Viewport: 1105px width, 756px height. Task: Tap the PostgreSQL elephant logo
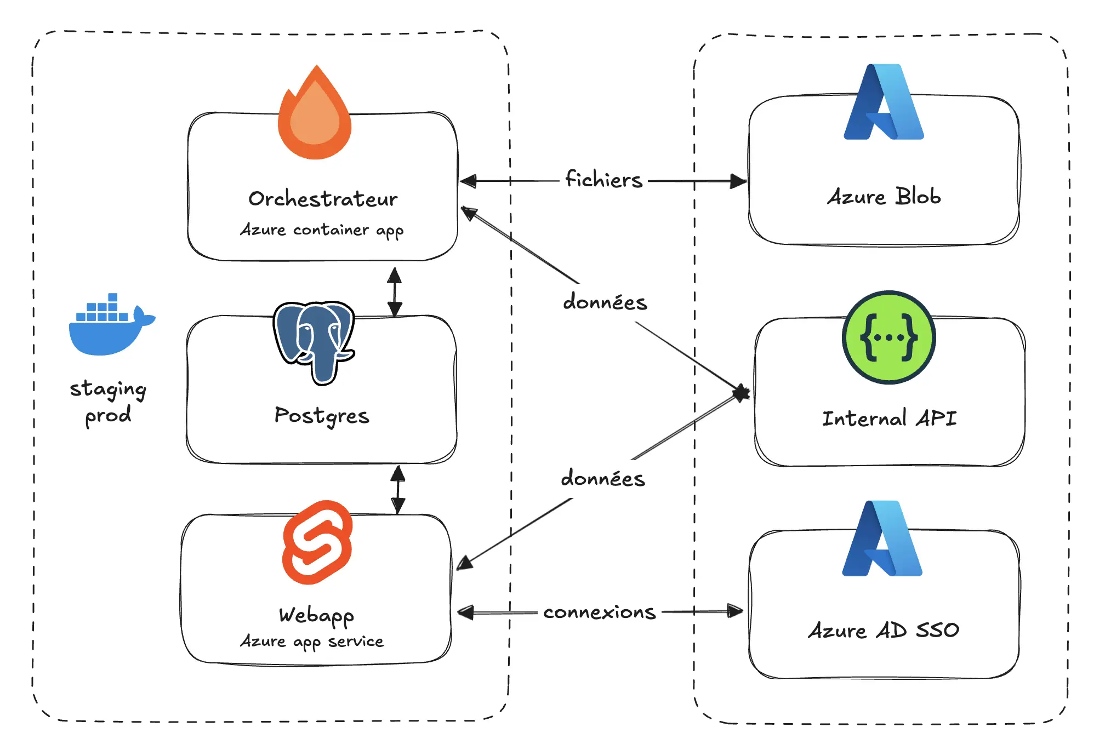314,340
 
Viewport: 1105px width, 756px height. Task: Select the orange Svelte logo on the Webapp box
317,542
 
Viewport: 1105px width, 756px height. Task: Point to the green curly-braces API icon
888,337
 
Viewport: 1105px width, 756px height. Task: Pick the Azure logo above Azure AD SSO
882,539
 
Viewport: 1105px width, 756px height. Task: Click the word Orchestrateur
323,199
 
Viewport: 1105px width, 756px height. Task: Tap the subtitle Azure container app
322,230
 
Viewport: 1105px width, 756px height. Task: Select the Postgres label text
322,416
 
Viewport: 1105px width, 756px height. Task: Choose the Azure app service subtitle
312,641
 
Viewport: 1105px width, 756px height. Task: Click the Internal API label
889,419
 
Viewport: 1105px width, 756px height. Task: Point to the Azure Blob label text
884,197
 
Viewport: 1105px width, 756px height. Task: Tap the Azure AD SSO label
884,631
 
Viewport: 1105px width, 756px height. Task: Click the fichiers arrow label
603,180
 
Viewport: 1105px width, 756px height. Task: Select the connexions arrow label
600,612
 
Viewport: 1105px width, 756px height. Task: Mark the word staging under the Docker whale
108,389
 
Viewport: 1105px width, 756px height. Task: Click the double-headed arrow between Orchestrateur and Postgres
395,291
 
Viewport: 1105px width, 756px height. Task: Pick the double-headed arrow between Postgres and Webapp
398,489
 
